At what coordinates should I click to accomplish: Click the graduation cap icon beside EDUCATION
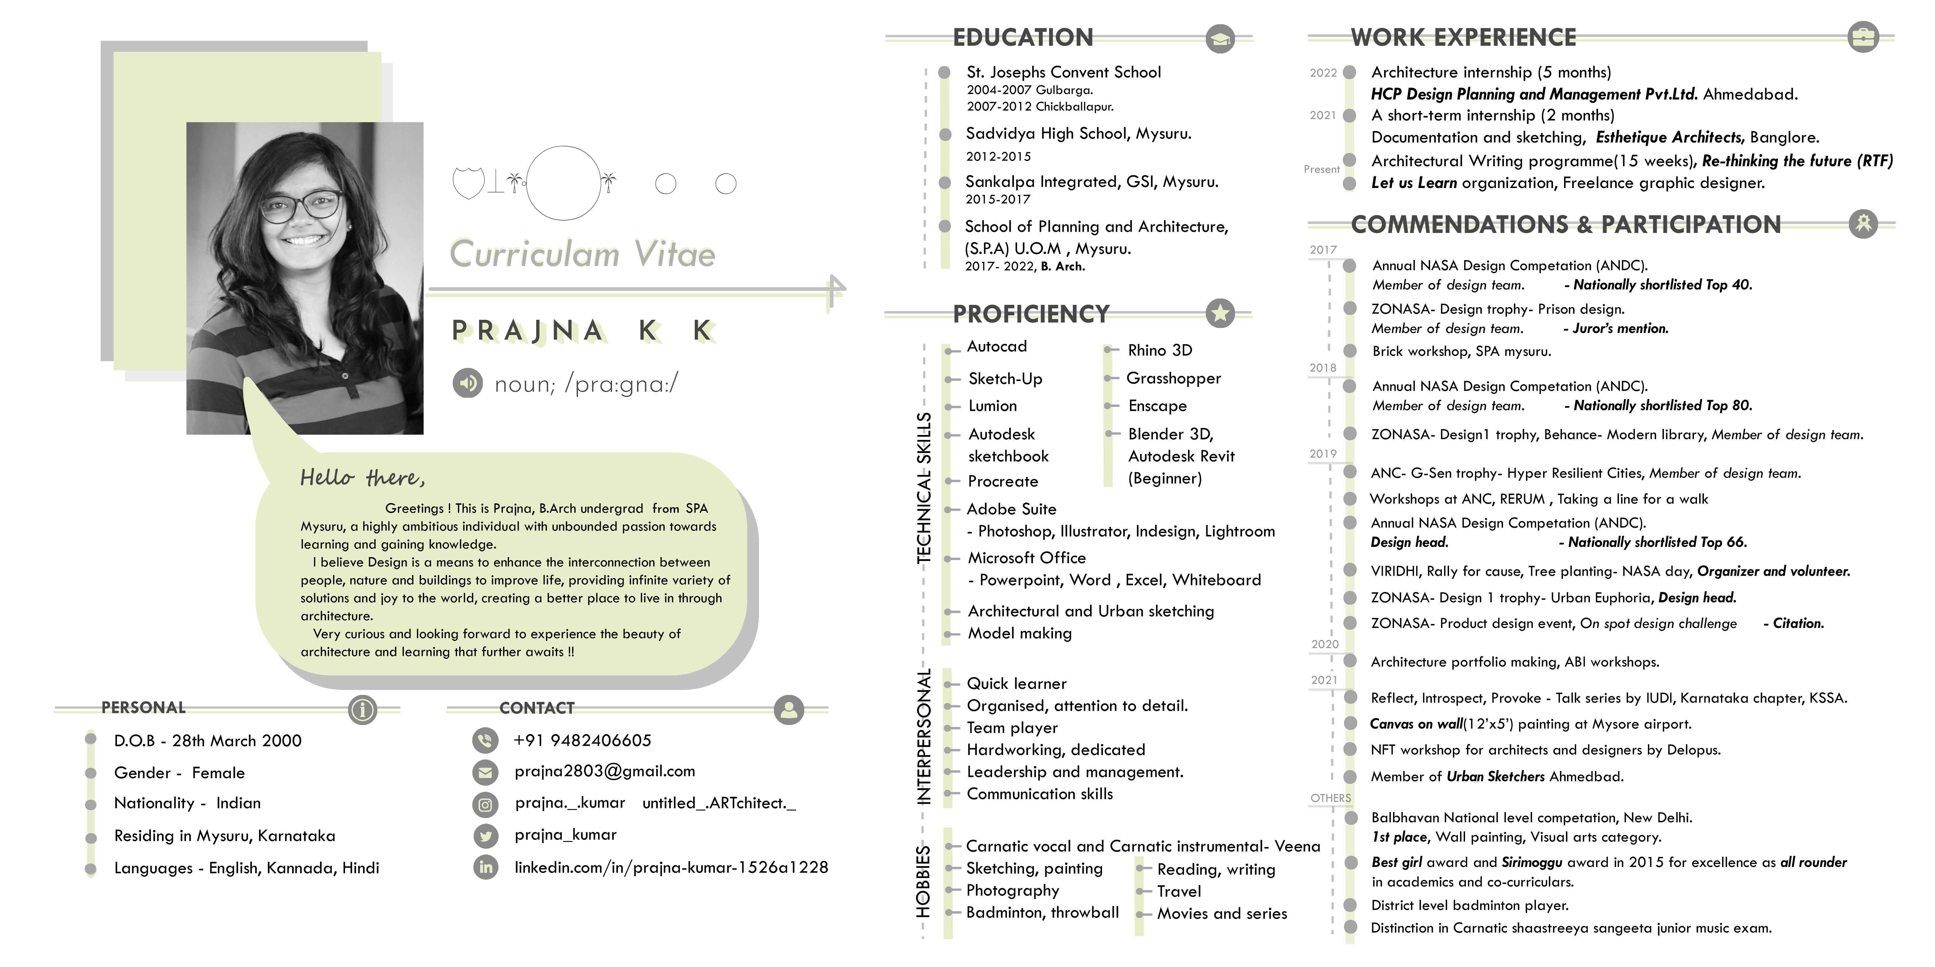point(1220,39)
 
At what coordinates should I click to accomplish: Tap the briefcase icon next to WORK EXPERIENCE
point(1863,37)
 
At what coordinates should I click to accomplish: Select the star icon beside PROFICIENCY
point(1220,313)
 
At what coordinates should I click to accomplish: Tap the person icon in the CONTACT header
point(789,709)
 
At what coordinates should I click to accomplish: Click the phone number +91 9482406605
point(582,740)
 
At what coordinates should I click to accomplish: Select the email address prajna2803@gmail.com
point(605,771)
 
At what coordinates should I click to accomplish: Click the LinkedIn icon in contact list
point(485,867)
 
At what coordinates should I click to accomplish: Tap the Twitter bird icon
point(485,835)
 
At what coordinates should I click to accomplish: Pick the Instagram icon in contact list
point(485,804)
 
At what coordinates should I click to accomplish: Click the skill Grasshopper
point(1173,378)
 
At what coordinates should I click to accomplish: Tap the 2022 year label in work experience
point(1323,73)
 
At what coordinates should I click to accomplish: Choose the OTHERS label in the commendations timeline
point(1330,798)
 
